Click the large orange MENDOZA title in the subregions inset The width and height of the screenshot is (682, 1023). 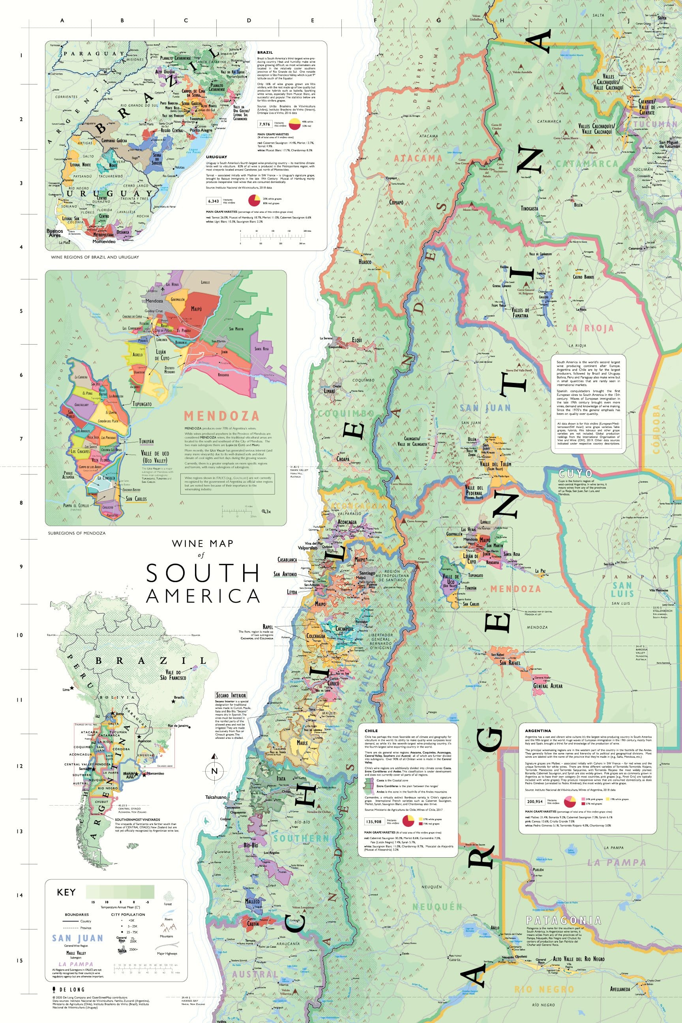[x=221, y=415]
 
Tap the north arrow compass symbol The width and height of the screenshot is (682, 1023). [x=214, y=771]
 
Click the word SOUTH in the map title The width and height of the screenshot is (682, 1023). [x=203, y=573]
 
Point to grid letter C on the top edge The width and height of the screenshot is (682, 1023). [x=186, y=21]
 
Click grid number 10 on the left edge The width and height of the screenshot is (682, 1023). [x=20, y=635]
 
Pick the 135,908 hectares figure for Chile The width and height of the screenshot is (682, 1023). [x=374, y=822]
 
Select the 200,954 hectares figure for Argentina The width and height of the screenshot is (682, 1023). [x=535, y=801]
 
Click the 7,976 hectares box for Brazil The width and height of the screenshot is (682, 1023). [x=264, y=124]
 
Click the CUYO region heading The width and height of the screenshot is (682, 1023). [x=575, y=474]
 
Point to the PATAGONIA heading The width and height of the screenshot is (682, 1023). [x=563, y=921]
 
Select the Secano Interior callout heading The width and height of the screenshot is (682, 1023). [x=231, y=695]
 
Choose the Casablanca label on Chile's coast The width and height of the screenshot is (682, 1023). [x=287, y=560]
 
